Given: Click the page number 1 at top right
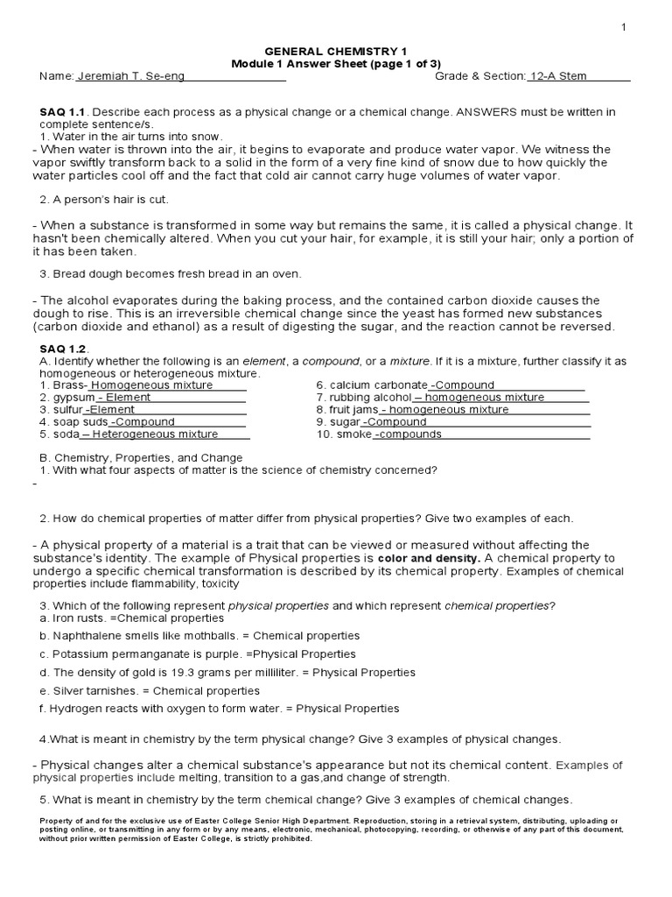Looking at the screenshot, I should [624, 28].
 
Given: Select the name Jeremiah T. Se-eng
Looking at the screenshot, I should [131, 76].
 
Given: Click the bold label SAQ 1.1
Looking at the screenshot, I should [64, 112].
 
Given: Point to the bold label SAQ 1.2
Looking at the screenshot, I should [64, 349].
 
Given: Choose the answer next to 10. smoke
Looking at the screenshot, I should [409, 434].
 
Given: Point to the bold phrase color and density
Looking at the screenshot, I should [429, 558].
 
